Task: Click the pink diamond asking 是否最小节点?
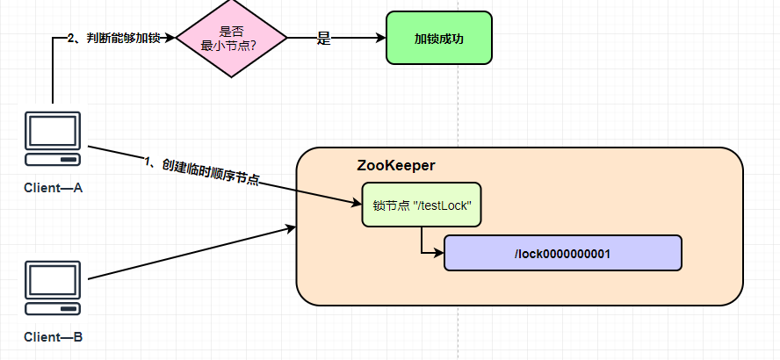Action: [x=232, y=39]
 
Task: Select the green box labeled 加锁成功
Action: [x=439, y=38]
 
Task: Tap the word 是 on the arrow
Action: [x=323, y=39]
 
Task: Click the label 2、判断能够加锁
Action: [x=113, y=39]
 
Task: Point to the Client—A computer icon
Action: [x=53, y=140]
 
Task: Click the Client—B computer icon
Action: [x=53, y=287]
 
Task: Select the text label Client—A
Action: [x=53, y=188]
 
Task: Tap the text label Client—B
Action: [x=53, y=337]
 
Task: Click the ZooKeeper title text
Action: [x=396, y=165]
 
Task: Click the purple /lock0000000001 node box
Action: [x=562, y=253]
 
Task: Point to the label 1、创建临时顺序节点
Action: [x=201, y=171]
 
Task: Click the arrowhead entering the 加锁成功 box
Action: [x=380, y=39]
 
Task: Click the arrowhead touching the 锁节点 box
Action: [x=356, y=204]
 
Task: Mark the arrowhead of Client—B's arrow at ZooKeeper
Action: [x=291, y=229]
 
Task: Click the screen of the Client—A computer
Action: [x=53, y=132]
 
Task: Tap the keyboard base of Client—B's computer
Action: [x=53, y=307]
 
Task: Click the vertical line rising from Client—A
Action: [x=53, y=75]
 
